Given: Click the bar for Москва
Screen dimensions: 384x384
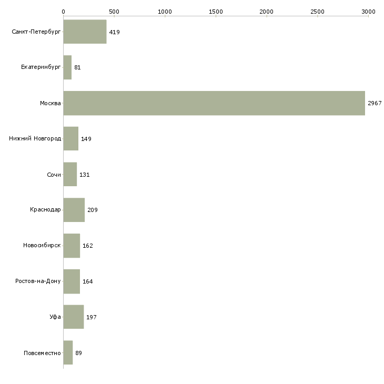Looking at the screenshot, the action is click(214, 103).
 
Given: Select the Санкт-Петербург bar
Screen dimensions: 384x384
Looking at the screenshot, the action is click(85, 32).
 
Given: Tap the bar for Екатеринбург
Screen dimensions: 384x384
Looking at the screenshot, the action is click(67, 67).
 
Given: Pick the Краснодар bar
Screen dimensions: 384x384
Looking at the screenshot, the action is click(74, 210).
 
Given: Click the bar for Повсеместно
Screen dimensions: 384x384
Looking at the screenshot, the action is click(68, 352).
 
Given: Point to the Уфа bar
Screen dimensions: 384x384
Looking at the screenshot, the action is click(74, 317).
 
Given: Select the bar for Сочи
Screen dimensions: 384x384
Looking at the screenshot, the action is click(70, 174).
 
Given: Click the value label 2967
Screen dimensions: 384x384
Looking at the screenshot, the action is click(375, 103).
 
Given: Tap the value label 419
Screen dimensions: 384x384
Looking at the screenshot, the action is click(114, 32).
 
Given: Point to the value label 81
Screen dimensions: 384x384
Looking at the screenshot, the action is click(77, 67).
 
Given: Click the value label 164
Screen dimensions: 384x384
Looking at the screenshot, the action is click(88, 281).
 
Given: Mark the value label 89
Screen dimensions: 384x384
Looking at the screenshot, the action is click(78, 353).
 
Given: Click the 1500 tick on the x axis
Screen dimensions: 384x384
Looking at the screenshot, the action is click(216, 12).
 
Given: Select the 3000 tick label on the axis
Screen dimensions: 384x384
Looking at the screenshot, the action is click(368, 12).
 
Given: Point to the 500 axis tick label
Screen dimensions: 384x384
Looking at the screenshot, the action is click(114, 12).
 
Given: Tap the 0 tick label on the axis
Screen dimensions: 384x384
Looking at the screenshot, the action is click(64, 12).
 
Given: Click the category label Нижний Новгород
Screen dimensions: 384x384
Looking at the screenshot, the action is click(35, 139).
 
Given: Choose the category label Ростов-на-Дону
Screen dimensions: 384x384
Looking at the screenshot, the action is click(38, 281).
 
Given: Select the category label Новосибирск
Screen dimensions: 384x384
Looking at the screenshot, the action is click(42, 245).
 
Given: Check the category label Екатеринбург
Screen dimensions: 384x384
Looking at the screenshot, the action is click(41, 67).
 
